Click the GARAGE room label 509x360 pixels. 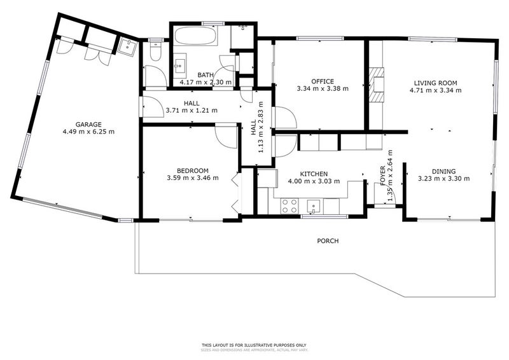88,125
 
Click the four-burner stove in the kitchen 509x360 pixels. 290,205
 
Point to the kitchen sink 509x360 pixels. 313,205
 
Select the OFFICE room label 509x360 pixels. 323,81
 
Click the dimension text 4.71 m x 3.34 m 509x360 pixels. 435,90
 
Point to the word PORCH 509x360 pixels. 328,241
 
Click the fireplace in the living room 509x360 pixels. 378,84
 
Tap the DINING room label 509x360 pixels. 443,171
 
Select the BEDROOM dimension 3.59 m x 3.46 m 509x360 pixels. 192,178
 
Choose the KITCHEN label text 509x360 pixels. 314,174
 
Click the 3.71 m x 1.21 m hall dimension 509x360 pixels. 192,110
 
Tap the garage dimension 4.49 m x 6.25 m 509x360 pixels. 88,132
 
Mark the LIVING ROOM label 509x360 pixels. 435,83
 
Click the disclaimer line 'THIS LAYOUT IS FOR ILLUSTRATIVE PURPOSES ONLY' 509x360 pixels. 255,344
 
